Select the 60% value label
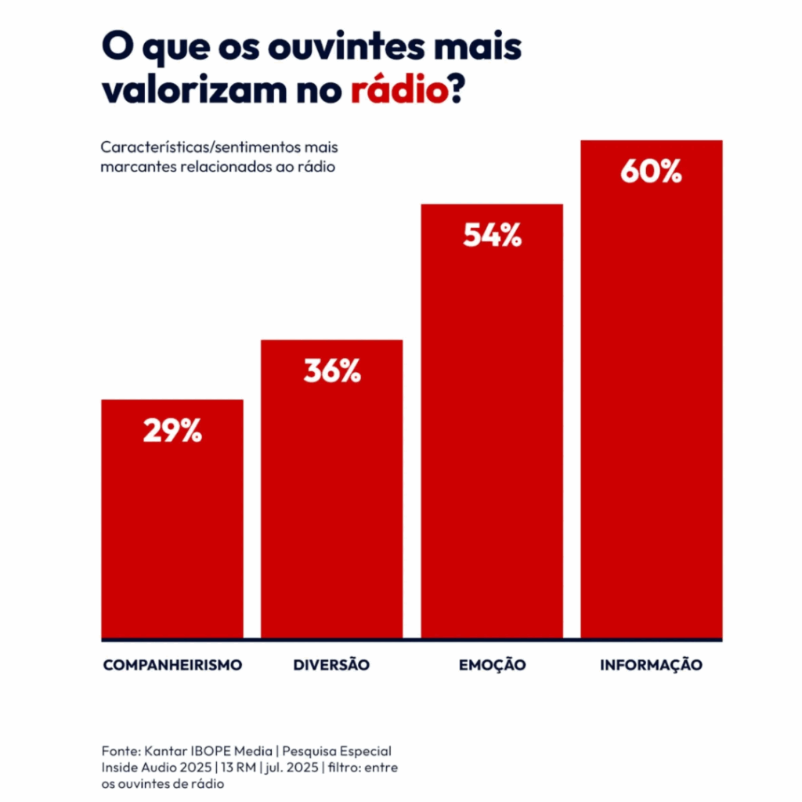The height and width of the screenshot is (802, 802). pos(651,172)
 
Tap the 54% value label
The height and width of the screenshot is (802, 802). pos(492,235)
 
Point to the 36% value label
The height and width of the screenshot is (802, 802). pos(332,371)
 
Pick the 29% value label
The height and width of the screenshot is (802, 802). pos(172,431)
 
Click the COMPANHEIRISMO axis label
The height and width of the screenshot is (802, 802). pos(172,665)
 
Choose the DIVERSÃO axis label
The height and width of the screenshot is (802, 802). pos(331,665)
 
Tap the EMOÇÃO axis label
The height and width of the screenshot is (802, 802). pos(492,665)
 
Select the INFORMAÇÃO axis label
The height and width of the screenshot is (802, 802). pos(651,665)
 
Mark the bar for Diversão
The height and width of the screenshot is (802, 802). pos(331,509)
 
